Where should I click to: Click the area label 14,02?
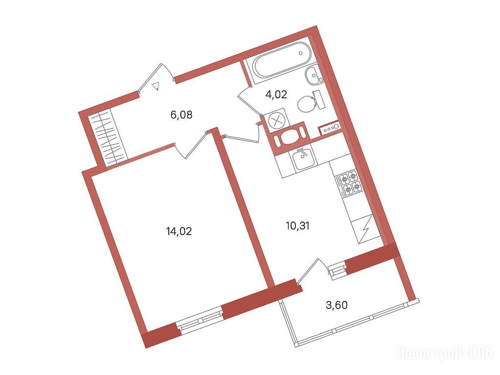[179, 231]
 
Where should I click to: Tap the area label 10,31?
[297, 226]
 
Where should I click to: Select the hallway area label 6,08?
[182, 114]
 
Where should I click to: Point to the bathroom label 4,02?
[276, 94]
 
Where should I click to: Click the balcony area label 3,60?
[336, 305]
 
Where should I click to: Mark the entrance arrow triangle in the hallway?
[156, 86]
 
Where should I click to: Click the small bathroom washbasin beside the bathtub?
[313, 75]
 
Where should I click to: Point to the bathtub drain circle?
[301, 53]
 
